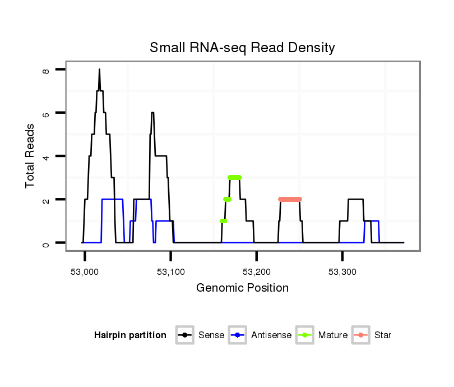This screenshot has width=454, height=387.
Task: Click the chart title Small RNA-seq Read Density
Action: coord(242,48)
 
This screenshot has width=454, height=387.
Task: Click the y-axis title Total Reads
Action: coord(31,156)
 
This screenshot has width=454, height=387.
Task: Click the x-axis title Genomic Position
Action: coord(242,288)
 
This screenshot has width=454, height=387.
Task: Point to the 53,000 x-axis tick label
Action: coord(85,271)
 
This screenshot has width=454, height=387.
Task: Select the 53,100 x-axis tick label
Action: coord(170,271)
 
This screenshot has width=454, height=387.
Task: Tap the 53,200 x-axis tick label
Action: coord(256,271)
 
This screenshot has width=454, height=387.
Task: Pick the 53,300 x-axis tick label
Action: coord(342,271)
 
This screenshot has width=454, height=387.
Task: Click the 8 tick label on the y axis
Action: coord(47,70)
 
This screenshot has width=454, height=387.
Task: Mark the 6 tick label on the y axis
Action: coord(47,113)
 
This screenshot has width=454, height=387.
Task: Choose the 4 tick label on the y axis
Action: coord(47,156)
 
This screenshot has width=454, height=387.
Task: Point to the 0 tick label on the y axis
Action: coord(47,243)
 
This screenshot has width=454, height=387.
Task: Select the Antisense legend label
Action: coord(271,335)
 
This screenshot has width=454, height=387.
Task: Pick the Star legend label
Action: coord(383,335)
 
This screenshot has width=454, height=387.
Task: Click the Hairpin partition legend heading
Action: coord(130,335)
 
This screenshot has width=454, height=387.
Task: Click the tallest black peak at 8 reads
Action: coord(99,71)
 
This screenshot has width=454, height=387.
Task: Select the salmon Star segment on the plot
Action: coord(290,199)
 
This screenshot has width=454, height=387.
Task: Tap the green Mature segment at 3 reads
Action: coord(235,177)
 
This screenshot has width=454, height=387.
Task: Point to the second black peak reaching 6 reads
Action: coord(152,113)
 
